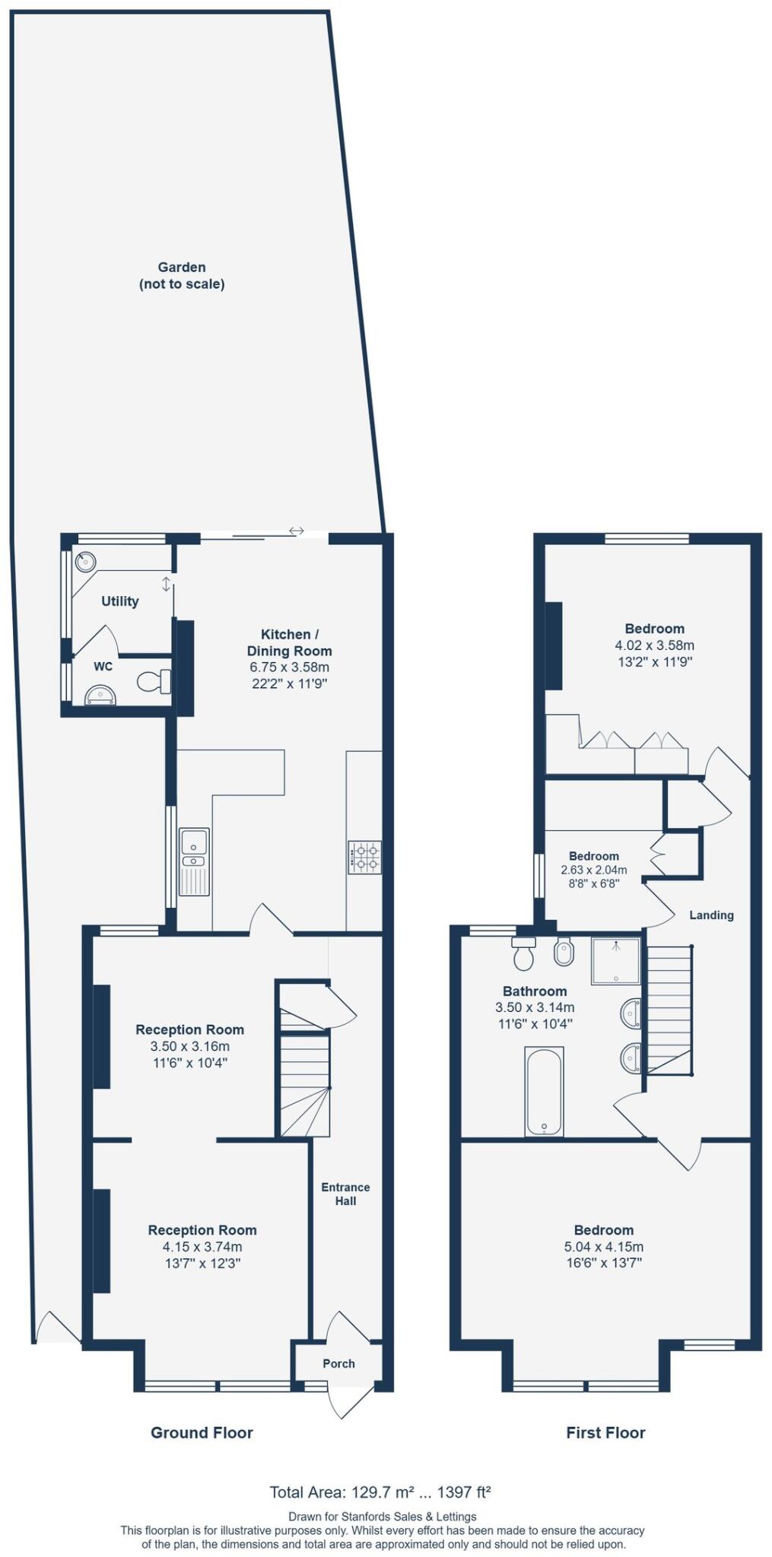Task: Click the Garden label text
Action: [182, 268]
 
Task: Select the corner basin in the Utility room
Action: [86, 562]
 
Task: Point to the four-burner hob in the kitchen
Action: [364, 857]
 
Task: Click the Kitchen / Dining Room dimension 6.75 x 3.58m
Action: [289, 668]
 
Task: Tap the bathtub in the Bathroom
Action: [544, 1091]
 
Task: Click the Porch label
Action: [338, 1363]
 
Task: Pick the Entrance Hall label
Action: [345, 1194]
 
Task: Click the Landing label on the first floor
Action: [711, 915]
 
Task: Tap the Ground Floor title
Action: [202, 1432]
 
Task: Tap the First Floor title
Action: [605, 1432]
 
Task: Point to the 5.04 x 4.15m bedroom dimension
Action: [604, 1247]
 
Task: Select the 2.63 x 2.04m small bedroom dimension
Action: [594, 870]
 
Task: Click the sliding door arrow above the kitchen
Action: [296, 531]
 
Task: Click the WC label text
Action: [103, 667]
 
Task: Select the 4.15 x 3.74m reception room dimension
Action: [202, 1247]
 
